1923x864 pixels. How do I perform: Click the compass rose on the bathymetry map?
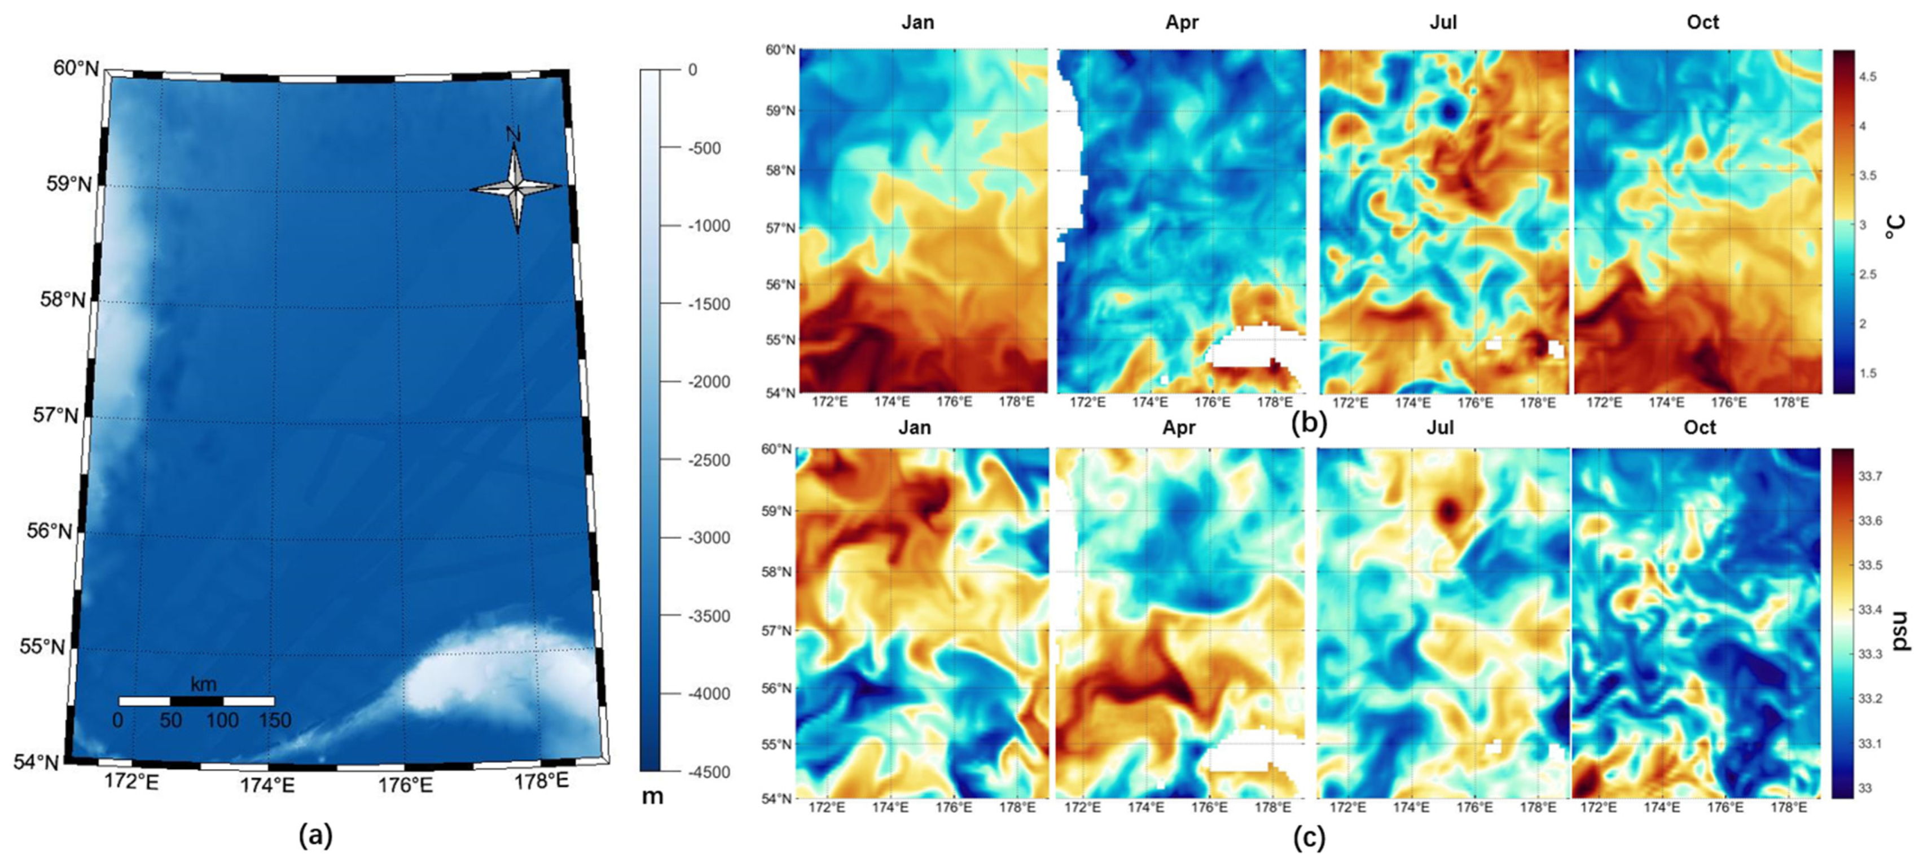(516, 187)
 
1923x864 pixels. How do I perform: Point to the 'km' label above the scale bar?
(203, 683)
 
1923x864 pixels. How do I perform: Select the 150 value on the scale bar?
(275, 720)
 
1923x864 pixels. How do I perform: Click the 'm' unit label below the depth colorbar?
(652, 796)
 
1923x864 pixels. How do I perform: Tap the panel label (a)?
(316, 834)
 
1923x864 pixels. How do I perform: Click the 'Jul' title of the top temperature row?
(1443, 23)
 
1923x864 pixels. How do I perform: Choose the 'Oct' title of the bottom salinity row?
(1700, 427)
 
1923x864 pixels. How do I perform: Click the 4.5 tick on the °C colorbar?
(1867, 77)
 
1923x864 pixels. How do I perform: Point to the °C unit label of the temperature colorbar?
(1894, 227)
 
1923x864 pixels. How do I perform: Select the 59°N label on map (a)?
(69, 184)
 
